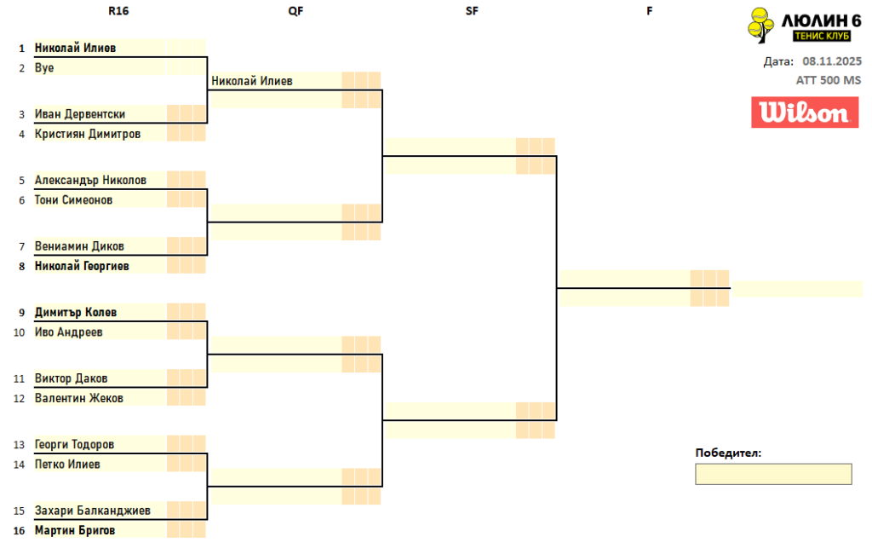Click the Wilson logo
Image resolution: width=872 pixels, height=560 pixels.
tap(805, 113)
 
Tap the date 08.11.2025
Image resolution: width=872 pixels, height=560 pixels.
tap(832, 61)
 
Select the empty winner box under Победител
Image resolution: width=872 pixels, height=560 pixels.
tap(773, 474)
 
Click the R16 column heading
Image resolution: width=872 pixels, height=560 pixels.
tap(119, 12)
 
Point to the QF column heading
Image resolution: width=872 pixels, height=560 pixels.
tap(295, 12)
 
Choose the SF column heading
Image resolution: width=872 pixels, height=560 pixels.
tap(472, 12)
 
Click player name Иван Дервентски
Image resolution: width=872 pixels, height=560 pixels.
tap(80, 114)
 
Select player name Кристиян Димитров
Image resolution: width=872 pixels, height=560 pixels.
tap(88, 134)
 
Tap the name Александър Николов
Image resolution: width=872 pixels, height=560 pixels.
tap(90, 181)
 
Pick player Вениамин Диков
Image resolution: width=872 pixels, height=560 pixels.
tap(79, 246)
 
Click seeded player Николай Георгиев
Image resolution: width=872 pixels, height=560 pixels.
tap(82, 266)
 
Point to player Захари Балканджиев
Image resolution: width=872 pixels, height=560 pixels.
tap(93, 511)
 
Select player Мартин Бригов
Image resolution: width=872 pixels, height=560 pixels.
tap(75, 530)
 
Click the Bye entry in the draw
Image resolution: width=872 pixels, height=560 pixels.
tap(44, 68)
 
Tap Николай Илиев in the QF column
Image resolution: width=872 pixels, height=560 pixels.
tap(252, 82)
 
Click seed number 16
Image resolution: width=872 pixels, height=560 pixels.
tap(19, 530)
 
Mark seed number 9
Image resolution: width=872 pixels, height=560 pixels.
tap(21, 313)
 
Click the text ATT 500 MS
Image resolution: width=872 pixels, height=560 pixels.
tap(829, 80)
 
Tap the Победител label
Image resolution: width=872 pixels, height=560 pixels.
tap(728, 453)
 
